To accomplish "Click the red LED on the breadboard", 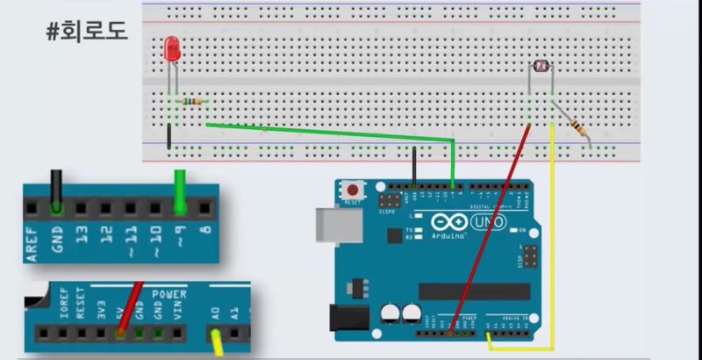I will pyautogui.click(x=172, y=49).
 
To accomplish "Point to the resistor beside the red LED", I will pyautogui.click(x=191, y=102).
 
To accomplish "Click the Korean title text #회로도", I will pyautogui.click(x=87, y=32).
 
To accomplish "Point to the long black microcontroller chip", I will pyautogui.click(x=474, y=292).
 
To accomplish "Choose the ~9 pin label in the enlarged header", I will pyautogui.click(x=181, y=236).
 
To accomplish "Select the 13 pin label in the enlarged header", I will pyautogui.click(x=82, y=236).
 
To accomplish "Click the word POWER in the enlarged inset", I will pyautogui.click(x=168, y=294).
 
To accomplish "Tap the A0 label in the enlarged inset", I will pyautogui.click(x=215, y=312).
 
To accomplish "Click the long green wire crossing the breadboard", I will pyautogui.click(x=333, y=133).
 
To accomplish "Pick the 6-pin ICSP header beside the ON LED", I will pyautogui.click(x=529, y=256).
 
